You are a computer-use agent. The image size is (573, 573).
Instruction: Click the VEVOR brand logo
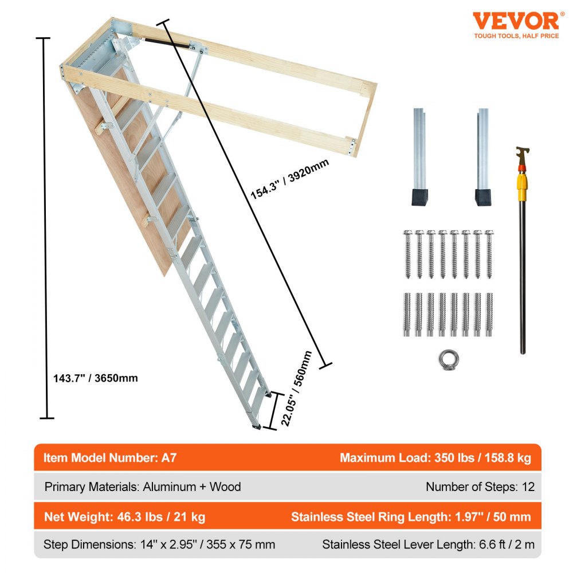(x=515, y=21)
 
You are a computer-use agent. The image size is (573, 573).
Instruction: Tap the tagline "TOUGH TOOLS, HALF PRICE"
(x=516, y=36)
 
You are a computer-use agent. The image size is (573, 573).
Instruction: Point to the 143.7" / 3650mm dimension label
(x=92, y=378)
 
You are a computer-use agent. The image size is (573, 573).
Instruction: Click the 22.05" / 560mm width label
(x=297, y=390)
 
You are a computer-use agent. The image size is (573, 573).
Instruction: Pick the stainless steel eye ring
(x=448, y=360)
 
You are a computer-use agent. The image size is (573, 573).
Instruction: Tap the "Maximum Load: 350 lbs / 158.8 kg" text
(x=435, y=458)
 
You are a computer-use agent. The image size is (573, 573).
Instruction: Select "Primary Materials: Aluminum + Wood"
(x=143, y=487)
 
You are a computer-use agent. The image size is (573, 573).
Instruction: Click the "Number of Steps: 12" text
(x=480, y=487)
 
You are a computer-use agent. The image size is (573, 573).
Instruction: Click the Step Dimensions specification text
(x=159, y=544)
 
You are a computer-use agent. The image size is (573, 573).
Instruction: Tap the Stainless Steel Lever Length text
(x=428, y=544)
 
